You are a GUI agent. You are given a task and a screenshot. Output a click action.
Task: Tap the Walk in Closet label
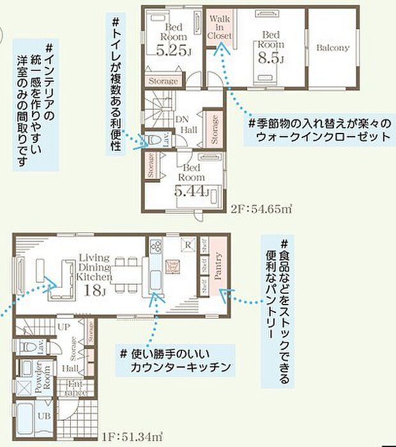(x=219, y=27)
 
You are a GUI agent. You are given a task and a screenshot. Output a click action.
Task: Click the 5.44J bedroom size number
(x=191, y=190)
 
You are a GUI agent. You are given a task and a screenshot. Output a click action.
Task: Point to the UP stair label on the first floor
(x=64, y=326)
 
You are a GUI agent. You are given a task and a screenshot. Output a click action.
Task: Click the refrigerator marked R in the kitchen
(x=190, y=244)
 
